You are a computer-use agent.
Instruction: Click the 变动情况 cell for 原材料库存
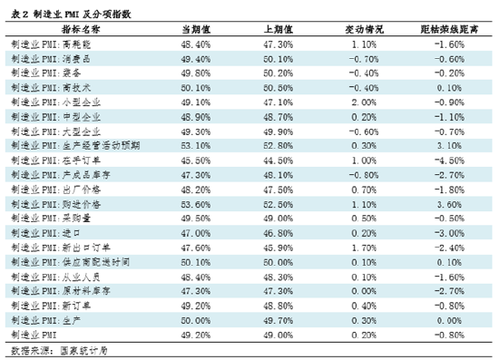(x=364, y=292)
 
